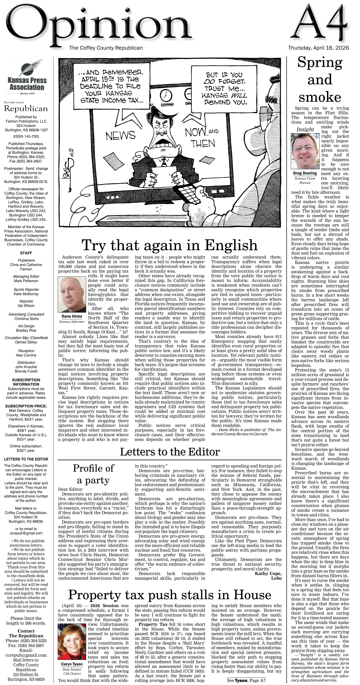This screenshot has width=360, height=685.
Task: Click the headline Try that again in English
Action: click(169, 245)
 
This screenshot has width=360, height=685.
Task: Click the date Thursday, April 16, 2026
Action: click(318, 48)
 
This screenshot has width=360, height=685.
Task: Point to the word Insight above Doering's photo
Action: click(305, 130)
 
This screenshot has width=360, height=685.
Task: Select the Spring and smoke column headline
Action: click(320, 79)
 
